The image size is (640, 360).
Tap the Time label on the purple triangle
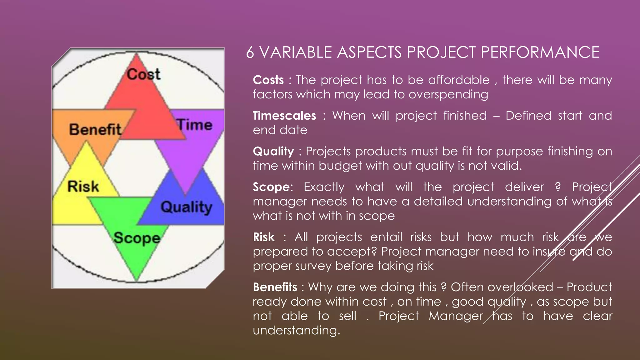click(x=195, y=125)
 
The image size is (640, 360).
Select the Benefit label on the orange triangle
click(x=95, y=129)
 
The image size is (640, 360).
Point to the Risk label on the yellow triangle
click(x=83, y=187)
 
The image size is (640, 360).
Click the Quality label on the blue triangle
click(x=187, y=207)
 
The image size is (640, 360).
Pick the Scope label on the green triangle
click(x=137, y=238)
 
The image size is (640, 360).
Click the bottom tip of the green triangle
click(x=137, y=279)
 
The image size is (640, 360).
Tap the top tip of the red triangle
click(x=136, y=55)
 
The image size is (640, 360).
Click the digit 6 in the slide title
click(x=250, y=52)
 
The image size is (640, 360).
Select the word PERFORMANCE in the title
click(x=540, y=52)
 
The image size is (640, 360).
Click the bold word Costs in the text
click(x=268, y=80)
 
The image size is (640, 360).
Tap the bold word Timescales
click(x=284, y=116)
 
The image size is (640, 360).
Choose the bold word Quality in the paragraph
click(x=273, y=152)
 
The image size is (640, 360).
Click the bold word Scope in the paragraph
click(x=271, y=187)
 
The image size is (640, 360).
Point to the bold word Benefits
click(x=275, y=287)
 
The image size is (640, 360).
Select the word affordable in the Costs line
click(x=458, y=80)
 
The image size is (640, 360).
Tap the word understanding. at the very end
click(x=296, y=331)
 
